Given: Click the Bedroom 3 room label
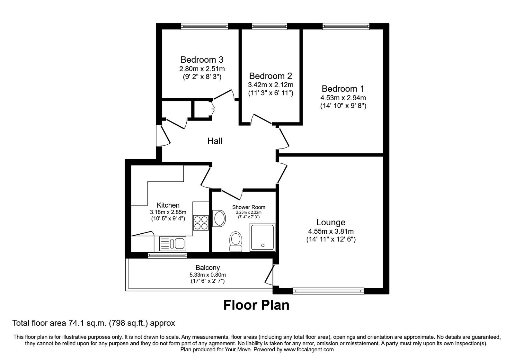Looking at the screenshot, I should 202,60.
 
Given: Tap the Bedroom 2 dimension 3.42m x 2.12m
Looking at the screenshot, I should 270,85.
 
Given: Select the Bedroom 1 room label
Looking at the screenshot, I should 343,89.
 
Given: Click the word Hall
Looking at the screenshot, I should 215,141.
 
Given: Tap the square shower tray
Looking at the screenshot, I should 262,238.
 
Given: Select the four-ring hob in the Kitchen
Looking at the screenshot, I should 201,222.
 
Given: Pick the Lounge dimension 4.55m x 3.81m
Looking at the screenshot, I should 331,231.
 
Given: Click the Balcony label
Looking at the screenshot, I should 208,267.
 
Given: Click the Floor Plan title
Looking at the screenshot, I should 256,305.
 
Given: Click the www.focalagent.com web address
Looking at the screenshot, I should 309,349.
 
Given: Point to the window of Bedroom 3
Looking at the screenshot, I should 204,27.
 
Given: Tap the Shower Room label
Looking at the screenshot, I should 249,207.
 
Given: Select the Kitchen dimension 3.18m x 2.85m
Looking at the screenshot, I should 168,212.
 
